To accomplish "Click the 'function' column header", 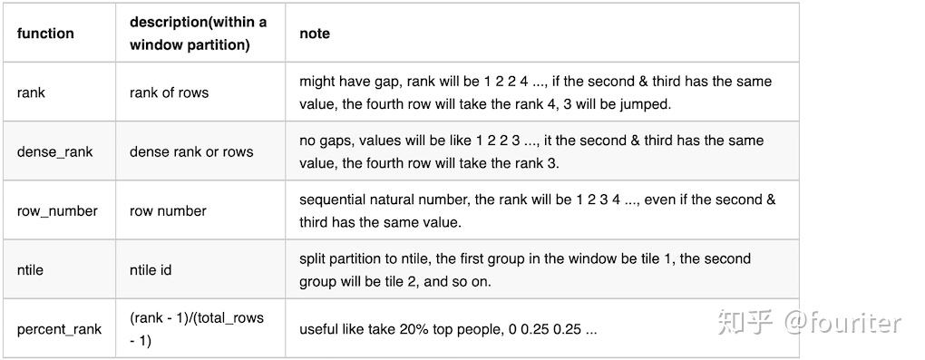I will pyautogui.click(x=45, y=34).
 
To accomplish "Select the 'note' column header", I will pyautogui.click(x=315, y=34).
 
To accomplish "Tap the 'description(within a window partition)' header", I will pyautogui.click(x=198, y=34).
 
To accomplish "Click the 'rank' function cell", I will pyautogui.click(x=31, y=92).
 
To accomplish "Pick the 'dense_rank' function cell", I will pyautogui.click(x=54, y=151).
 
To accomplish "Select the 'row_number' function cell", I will pyautogui.click(x=57, y=210).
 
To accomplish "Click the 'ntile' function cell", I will pyautogui.click(x=30, y=269).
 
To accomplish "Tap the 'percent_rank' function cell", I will pyautogui.click(x=59, y=328).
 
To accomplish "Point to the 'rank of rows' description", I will pyautogui.click(x=169, y=92).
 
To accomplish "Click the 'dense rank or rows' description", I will pyautogui.click(x=191, y=151).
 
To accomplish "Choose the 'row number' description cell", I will pyautogui.click(x=168, y=210).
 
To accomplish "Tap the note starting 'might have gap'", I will pyautogui.click(x=535, y=92).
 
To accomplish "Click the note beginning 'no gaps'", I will pyautogui.click(x=531, y=151).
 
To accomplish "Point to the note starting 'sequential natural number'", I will pyautogui.click(x=537, y=210).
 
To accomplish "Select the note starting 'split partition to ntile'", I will pyautogui.click(x=525, y=269).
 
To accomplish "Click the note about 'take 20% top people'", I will pyautogui.click(x=448, y=328).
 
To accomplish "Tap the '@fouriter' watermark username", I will pyautogui.click(x=842, y=323).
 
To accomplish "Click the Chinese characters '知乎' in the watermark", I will pyautogui.click(x=745, y=323).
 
